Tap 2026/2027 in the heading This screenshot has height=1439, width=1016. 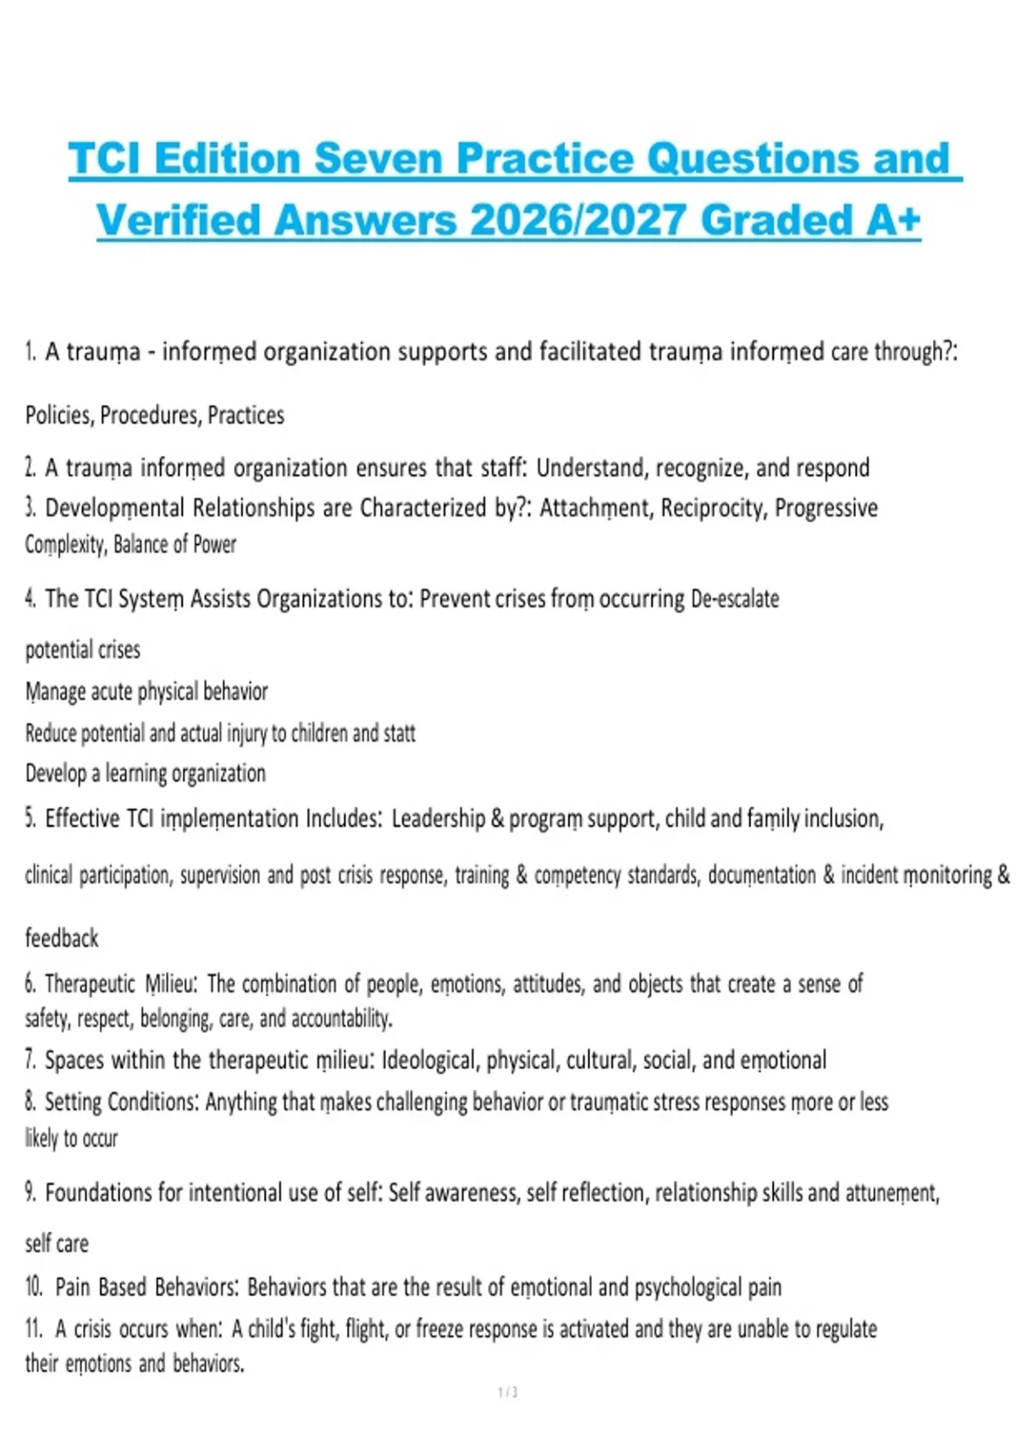(x=577, y=220)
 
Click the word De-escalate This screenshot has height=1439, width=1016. (x=735, y=598)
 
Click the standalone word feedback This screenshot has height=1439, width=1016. (x=62, y=938)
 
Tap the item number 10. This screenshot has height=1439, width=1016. (x=34, y=1287)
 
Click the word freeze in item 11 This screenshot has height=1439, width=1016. (x=439, y=1329)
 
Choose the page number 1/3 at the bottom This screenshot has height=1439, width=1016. (x=508, y=1392)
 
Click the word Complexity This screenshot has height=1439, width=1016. (x=64, y=544)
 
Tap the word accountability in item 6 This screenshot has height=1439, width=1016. (x=340, y=1018)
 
